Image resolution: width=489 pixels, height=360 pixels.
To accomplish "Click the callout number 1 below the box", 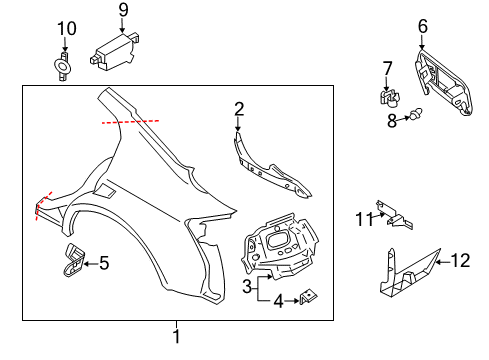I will pos(176,336).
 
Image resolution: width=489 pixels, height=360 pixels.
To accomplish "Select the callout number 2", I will pos(239,108).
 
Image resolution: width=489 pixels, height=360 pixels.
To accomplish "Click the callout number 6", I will pos(422,27).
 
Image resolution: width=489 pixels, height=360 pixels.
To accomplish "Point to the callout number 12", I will pos(459,261).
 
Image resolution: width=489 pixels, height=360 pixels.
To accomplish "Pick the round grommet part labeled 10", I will pos(64,69).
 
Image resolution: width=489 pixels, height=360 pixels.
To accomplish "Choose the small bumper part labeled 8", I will pos(411,119).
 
